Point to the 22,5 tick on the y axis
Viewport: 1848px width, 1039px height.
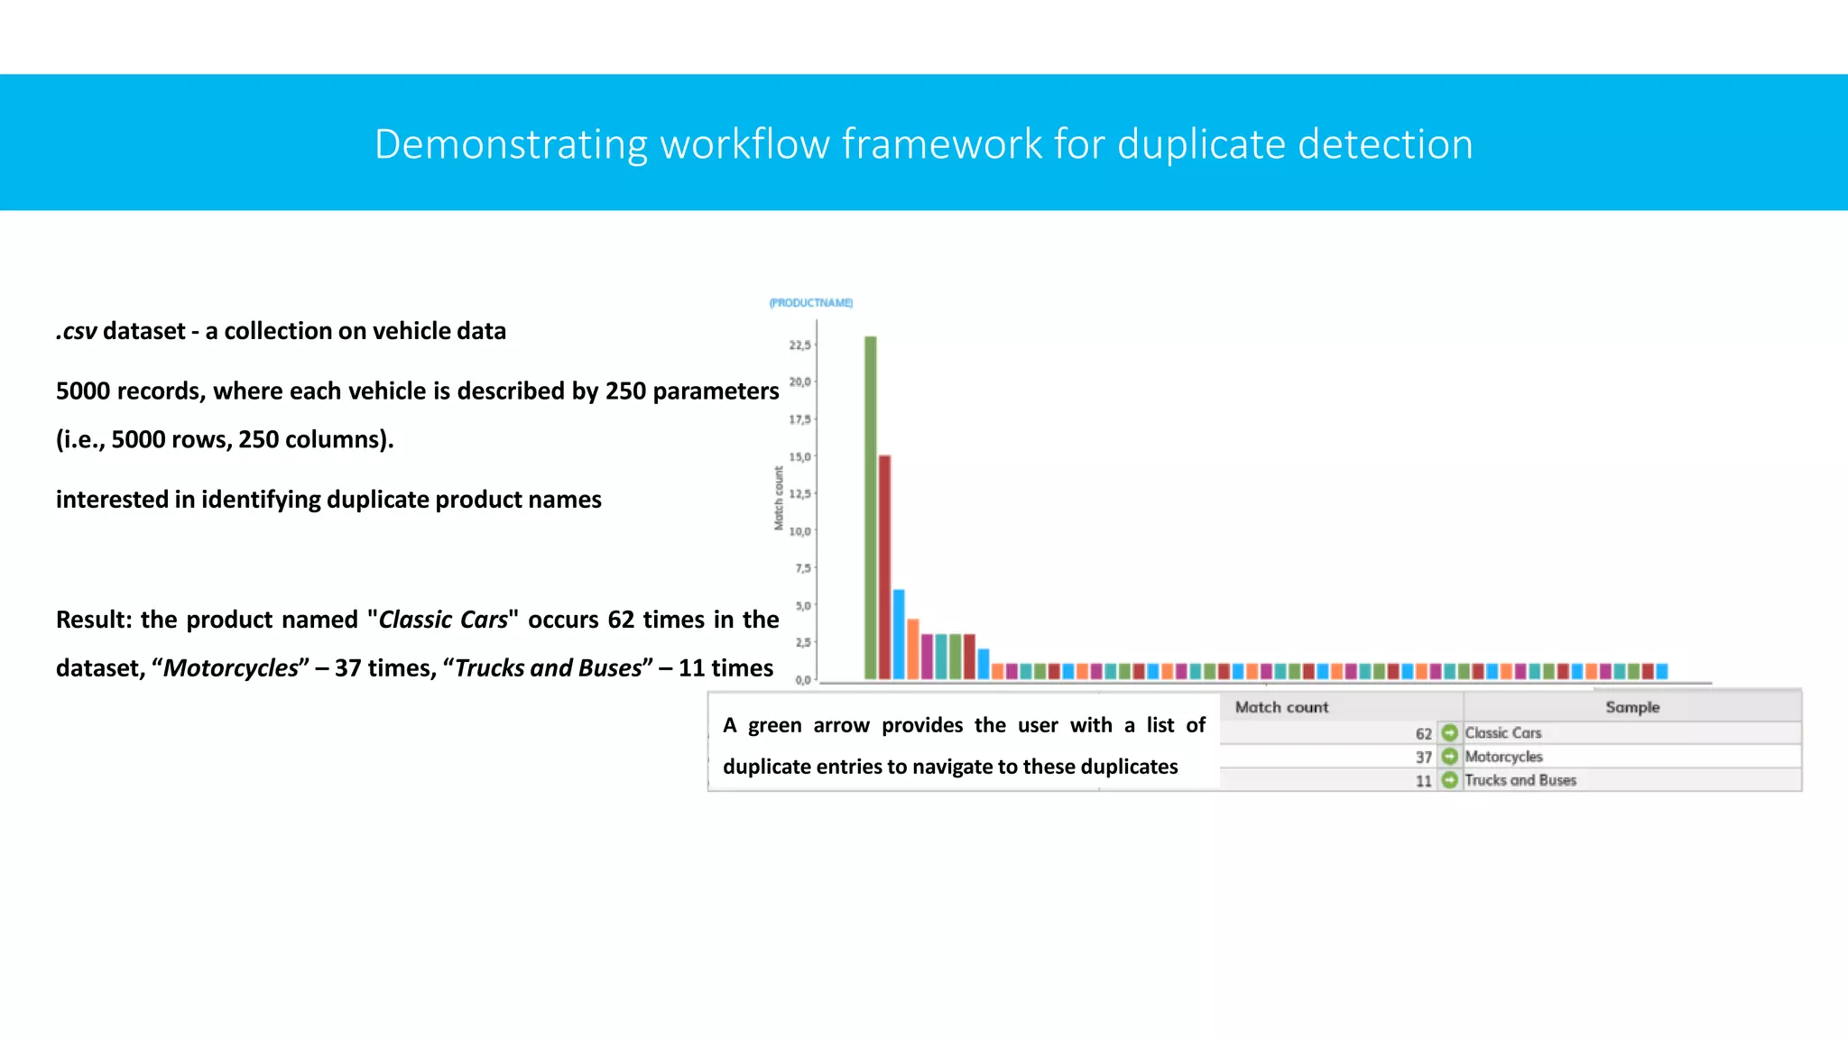tap(800, 345)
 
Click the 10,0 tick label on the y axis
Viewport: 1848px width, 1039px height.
tap(800, 531)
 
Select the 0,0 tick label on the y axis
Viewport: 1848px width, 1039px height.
tap(803, 680)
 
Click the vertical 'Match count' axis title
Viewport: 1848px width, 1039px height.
tap(779, 498)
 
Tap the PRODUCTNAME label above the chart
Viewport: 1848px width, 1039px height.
tap(810, 303)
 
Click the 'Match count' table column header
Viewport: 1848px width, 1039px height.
tap(1281, 707)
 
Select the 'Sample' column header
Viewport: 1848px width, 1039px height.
tap(1631, 707)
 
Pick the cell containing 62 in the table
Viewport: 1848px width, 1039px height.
tap(1423, 734)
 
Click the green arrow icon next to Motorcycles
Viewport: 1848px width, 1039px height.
tap(1449, 757)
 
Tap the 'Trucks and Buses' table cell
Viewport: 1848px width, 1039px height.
tap(1520, 780)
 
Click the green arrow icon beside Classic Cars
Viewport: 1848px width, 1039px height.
tap(1449, 732)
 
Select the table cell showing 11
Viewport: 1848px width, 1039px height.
tap(1423, 781)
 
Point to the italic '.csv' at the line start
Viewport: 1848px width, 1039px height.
tap(77, 331)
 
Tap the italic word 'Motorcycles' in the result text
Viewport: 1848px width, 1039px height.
tap(230, 668)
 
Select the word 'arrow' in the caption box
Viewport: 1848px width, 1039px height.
tap(840, 725)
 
